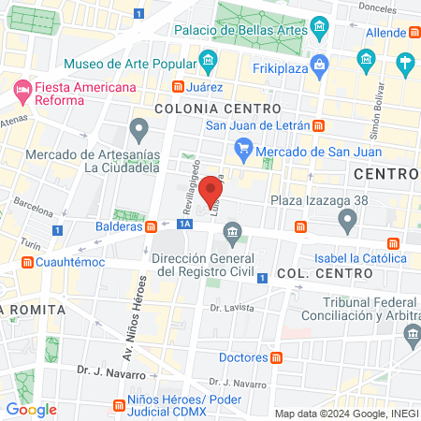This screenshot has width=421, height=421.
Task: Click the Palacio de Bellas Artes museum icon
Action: point(321,30)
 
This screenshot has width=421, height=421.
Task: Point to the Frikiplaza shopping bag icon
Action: point(320,65)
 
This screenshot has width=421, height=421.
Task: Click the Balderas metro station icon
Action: point(151,225)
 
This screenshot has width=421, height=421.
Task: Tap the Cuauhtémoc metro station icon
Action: point(28,262)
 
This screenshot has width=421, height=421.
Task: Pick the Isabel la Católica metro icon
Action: point(395,245)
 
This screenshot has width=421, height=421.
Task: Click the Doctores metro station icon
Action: point(277,357)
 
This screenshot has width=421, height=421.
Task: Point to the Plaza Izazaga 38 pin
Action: point(348,221)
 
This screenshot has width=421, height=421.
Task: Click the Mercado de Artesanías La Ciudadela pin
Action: point(139,127)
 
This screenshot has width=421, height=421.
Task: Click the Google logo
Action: point(31,409)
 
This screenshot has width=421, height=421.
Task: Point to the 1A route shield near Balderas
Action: point(185,224)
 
